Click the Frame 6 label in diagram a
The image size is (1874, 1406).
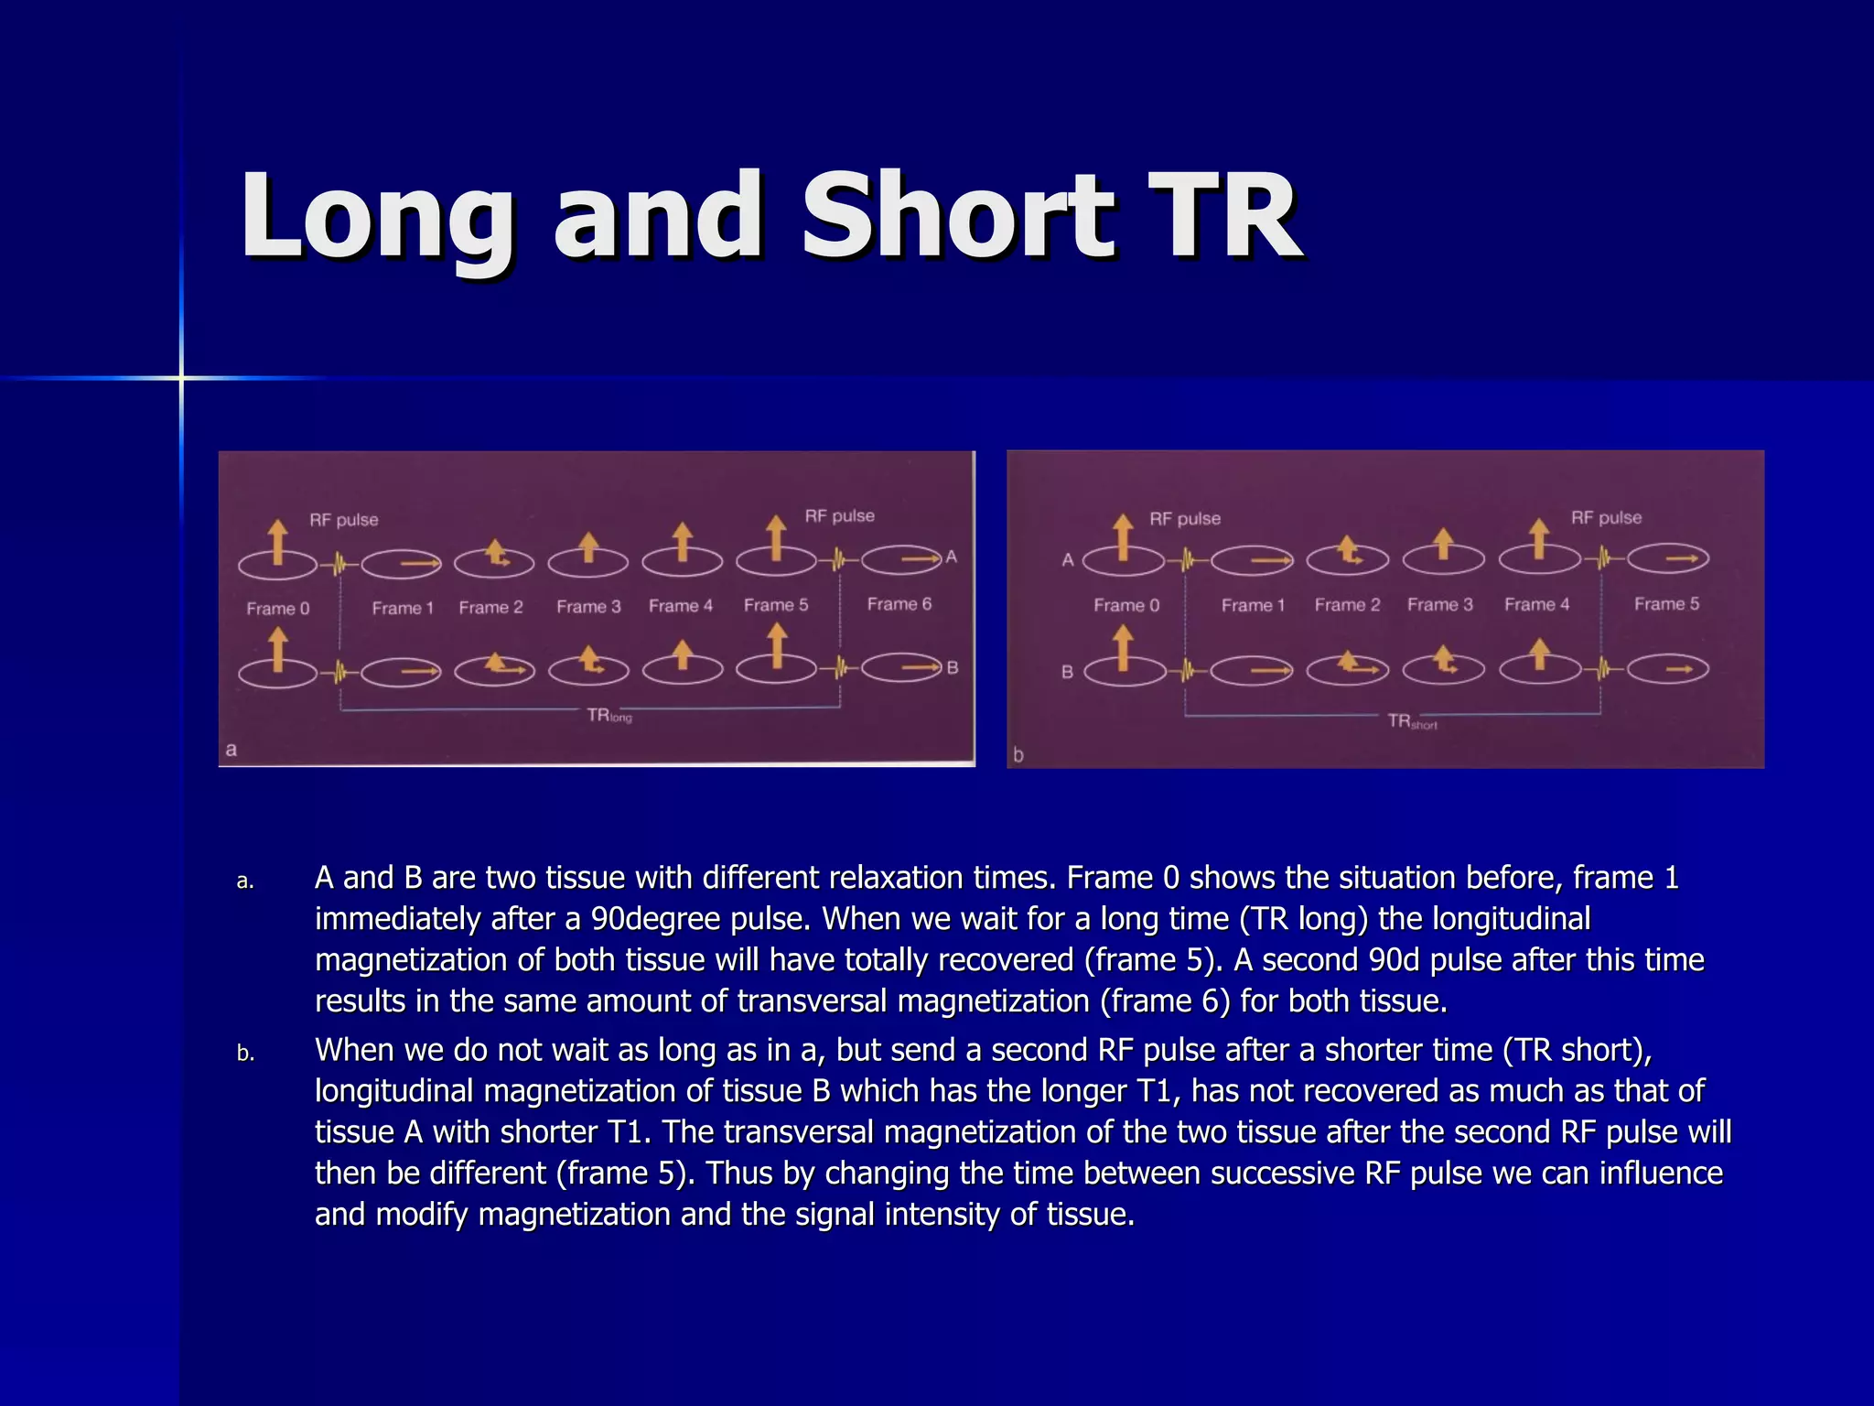click(899, 604)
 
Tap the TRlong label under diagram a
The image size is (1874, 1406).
click(609, 716)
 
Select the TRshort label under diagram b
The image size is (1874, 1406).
click(1412, 721)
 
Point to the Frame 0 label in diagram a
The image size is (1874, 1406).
click(278, 609)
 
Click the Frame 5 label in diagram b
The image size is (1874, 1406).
click(1666, 604)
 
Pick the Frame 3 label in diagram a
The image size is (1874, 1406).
click(588, 607)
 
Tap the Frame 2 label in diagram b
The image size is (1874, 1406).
click(1347, 605)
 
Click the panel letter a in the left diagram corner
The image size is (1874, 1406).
click(232, 750)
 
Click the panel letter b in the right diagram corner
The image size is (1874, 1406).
click(1018, 755)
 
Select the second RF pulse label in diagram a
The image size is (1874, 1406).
click(839, 516)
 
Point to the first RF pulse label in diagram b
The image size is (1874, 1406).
click(1185, 519)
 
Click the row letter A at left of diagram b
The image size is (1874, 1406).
click(1067, 560)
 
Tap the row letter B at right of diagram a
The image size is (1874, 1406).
click(953, 668)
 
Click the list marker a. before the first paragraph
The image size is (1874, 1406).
click(245, 881)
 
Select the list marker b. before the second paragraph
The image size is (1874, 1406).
click(245, 1054)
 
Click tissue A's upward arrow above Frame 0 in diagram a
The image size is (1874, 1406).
click(278, 542)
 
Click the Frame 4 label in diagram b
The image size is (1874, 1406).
click(1536, 605)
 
